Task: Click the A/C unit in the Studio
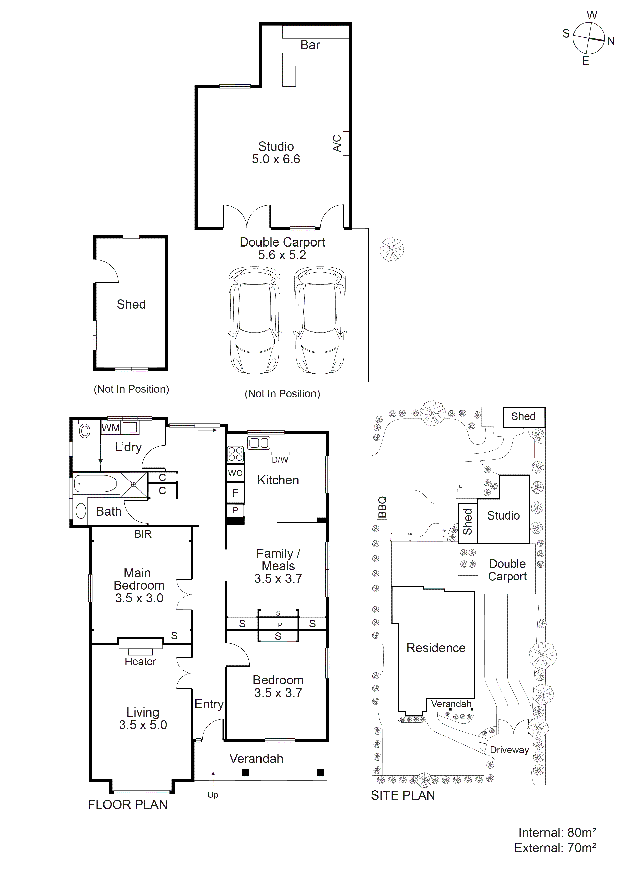point(345,143)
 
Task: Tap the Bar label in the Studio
point(310,45)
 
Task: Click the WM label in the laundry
point(111,428)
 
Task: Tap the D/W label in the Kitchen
point(280,460)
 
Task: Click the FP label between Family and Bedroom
point(278,625)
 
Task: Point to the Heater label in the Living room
point(140,661)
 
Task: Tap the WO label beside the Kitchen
point(235,473)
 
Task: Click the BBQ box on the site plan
point(382,507)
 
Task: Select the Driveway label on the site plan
point(509,750)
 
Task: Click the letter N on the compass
point(611,41)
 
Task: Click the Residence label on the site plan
point(436,648)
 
